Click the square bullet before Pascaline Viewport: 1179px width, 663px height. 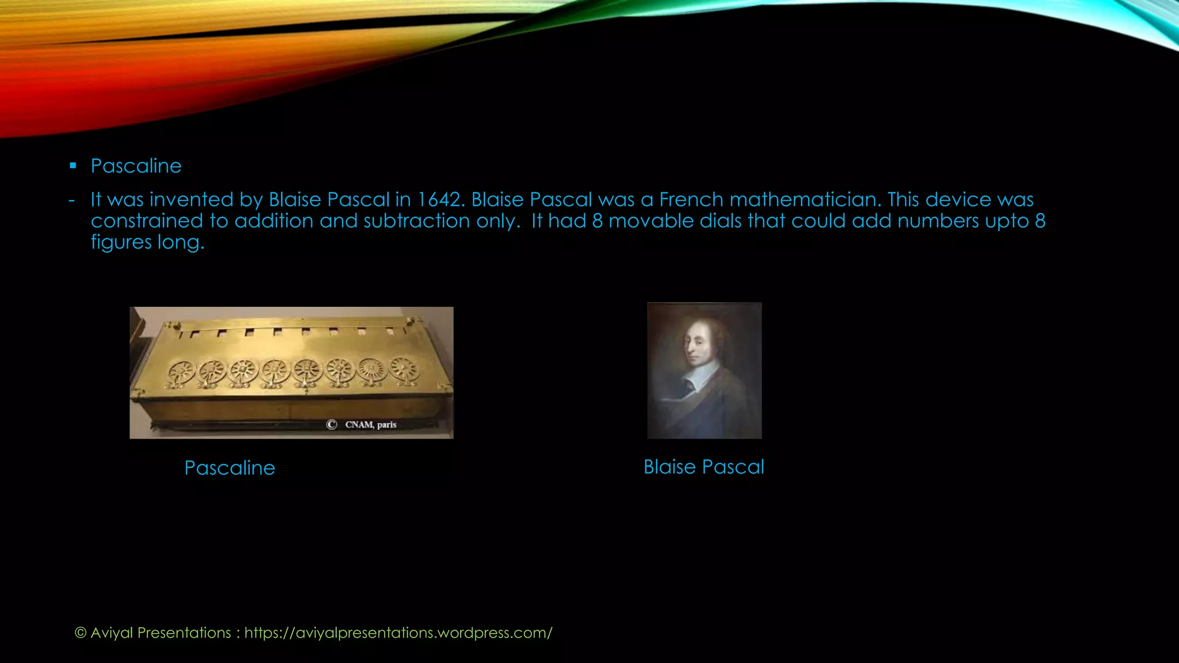pos(73,166)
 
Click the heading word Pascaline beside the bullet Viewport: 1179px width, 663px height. pos(136,166)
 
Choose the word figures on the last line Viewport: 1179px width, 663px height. pos(121,242)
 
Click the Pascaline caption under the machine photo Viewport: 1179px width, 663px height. pos(230,468)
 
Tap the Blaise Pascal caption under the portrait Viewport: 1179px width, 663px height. pos(703,467)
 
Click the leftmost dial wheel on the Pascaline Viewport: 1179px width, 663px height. pos(181,373)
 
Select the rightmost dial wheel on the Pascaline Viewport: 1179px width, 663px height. pos(404,369)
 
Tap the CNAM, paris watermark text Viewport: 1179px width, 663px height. pos(371,425)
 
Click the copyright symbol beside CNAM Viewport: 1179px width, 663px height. pos(332,425)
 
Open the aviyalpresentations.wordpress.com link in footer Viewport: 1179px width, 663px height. pos(398,632)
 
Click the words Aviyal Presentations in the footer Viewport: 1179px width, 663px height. pos(161,632)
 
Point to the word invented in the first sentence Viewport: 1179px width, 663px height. pos(191,200)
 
